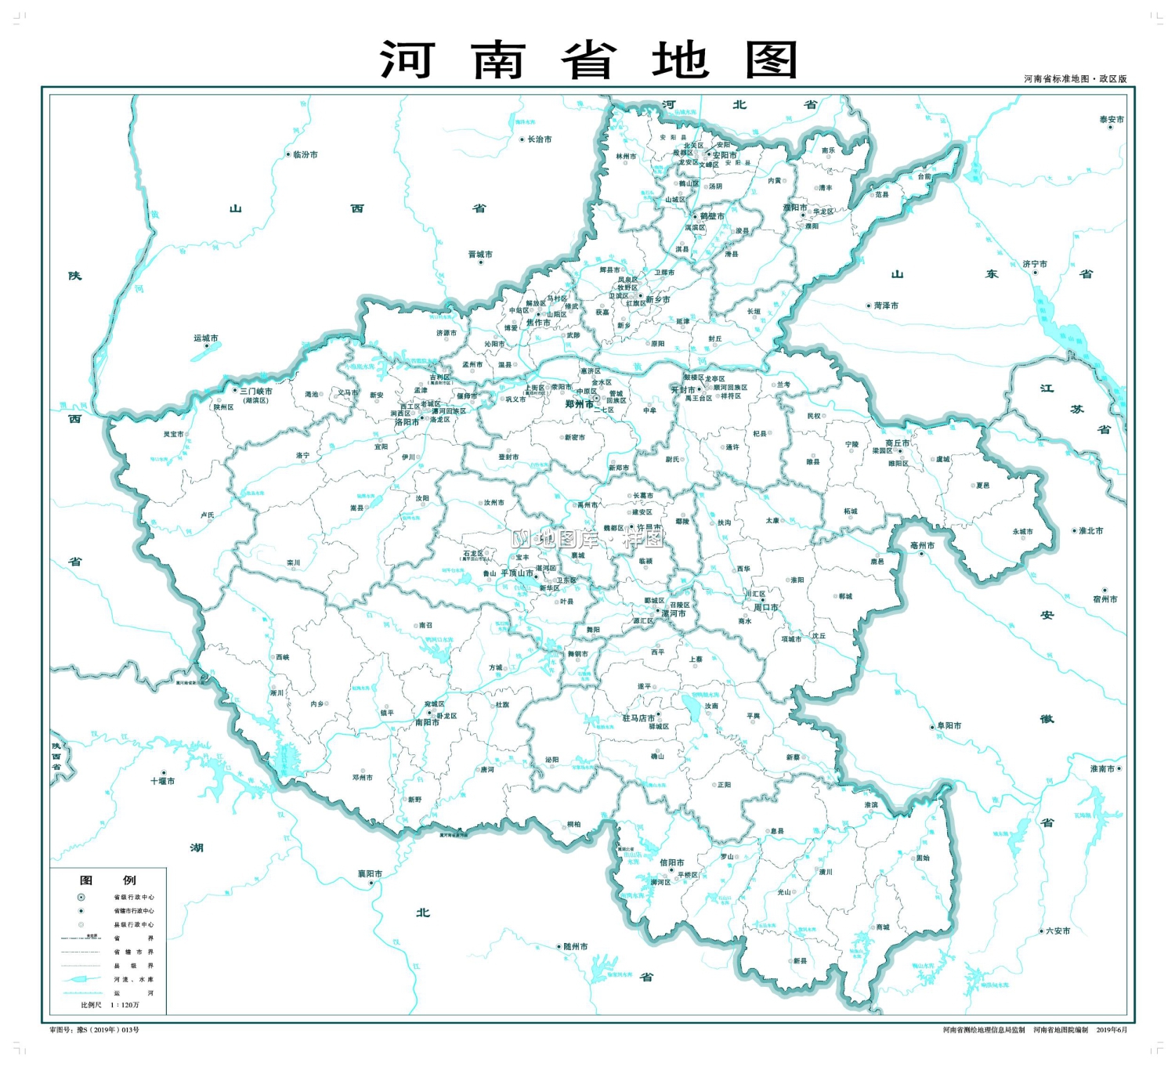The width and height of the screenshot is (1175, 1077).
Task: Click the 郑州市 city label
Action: [x=579, y=404]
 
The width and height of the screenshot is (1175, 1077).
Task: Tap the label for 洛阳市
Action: [x=407, y=422]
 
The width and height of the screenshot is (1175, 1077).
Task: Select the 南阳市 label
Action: [x=427, y=722]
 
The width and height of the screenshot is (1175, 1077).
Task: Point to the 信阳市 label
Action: [x=671, y=862]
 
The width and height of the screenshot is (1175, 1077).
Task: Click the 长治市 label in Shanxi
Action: [x=539, y=139]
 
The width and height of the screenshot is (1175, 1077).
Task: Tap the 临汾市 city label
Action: [x=305, y=155]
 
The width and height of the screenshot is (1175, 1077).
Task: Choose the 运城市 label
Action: [x=206, y=338]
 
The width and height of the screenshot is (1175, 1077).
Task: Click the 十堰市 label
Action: [x=163, y=781]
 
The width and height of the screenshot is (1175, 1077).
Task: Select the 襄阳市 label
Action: [x=370, y=873]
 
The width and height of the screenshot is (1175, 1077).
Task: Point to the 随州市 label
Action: [x=576, y=946]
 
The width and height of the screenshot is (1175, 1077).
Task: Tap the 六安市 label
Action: [x=1057, y=931]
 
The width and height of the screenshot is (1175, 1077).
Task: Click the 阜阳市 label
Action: [x=949, y=726]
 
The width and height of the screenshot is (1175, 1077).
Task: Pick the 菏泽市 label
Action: [x=886, y=306]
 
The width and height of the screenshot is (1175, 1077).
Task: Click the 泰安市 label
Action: [x=1111, y=120]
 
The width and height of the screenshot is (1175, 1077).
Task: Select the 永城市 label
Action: [x=1022, y=531]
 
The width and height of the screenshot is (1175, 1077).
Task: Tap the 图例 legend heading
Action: [x=107, y=880]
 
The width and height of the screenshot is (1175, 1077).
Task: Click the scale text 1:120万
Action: [x=125, y=1005]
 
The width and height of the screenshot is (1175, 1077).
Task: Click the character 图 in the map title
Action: [x=772, y=60]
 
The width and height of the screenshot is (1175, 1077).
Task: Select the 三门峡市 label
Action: [x=256, y=391]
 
